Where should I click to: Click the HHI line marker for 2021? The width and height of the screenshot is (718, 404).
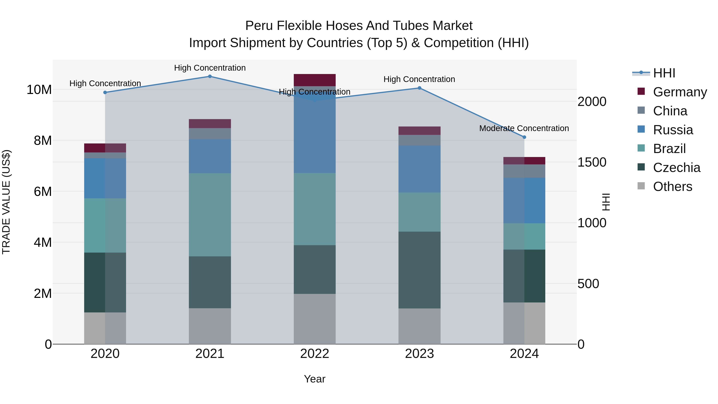pyautogui.click(x=210, y=76)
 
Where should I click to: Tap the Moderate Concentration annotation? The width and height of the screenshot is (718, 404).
pyautogui.click(x=524, y=128)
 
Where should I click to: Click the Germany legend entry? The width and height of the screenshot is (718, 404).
pyautogui.click(x=680, y=92)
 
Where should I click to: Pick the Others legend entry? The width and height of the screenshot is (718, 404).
pyautogui.click(x=672, y=187)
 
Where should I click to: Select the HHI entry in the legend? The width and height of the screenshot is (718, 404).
pyautogui.click(x=664, y=73)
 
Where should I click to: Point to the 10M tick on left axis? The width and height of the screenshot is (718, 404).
pyautogui.click(x=39, y=90)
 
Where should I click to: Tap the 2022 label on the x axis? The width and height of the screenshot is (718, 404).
pyautogui.click(x=315, y=354)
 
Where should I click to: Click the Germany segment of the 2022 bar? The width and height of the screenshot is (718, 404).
pyautogui.click(x=315, y=80)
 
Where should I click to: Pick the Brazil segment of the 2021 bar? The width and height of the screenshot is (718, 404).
pyautogui.click(x=210, y=215)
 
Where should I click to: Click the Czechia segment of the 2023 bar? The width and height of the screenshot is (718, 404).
pyautogui.click(x=419, y=270)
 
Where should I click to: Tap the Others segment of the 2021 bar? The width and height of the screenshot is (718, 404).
pyautogui.click(x=210, y=326)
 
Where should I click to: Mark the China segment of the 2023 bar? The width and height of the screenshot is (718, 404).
pyautogui.click(x=419, y=140)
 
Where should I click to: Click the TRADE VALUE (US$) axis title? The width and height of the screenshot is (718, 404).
pyautogui.click(x=6, y=202)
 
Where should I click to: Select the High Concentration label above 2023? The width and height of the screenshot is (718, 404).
pyautogui.click(x=419, y=79)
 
